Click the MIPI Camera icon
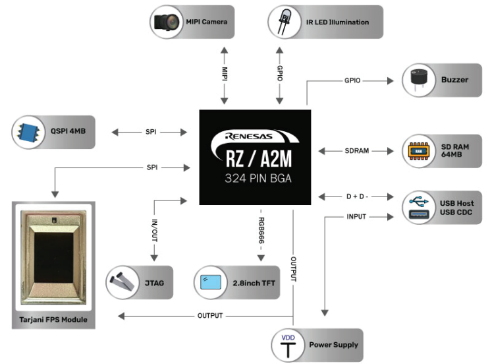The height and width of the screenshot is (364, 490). [167, 22]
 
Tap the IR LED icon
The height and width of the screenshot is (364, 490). [284, 22]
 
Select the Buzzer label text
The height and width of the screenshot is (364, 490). [454, 80]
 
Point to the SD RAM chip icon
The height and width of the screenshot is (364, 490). [418, 151]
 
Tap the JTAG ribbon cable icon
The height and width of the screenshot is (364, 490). [122, 282]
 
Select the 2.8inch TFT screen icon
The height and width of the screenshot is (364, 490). [210, 282]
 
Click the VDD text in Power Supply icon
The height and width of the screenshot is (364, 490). [288, 338]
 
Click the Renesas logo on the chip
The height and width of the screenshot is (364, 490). [249, 136]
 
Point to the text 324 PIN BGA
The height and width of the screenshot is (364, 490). [258, 179]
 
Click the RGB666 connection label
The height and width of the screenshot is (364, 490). [261, 231]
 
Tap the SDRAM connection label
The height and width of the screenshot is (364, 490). [356, 151]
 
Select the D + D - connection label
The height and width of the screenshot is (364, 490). [357, 197]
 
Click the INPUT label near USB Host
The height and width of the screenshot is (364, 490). [356, 216]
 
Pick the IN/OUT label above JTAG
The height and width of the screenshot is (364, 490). [154, 230]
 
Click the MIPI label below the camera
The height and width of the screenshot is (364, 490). [225, 74]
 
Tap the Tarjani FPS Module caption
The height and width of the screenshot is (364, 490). [53, 320]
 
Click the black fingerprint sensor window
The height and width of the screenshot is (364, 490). [53, 257]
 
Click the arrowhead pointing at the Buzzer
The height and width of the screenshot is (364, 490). [391, 80]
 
